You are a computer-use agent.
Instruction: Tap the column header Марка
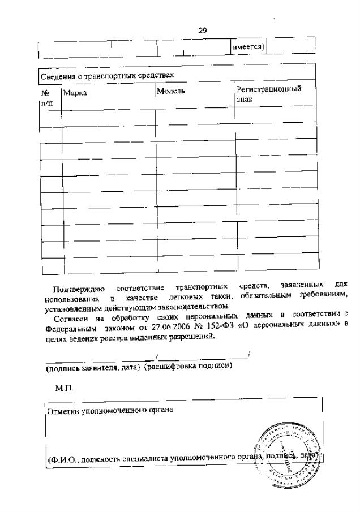[x=75, y=93]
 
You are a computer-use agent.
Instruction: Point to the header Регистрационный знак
[x=268, y=94]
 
